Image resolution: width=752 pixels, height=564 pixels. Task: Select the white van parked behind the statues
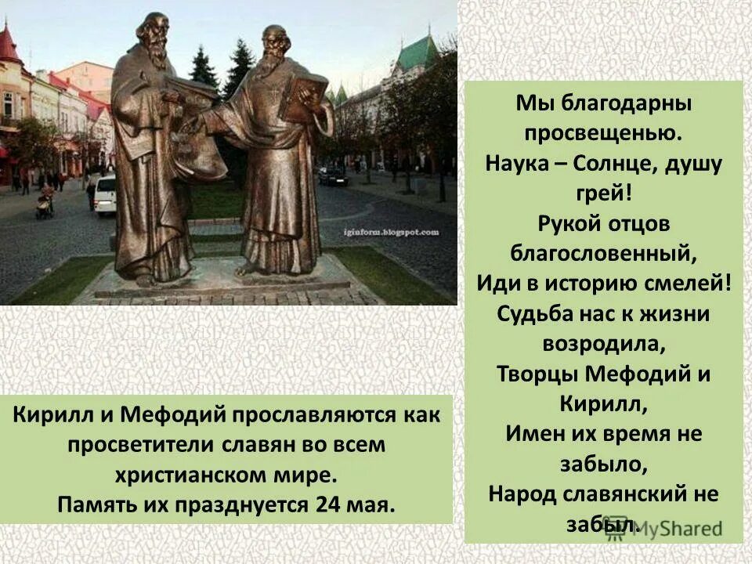point(105,195)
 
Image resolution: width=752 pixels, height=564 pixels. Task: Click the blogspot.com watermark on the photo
point(400,233)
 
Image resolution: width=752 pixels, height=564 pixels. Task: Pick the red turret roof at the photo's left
point(9,45)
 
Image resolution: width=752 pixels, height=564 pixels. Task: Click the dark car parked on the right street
point(333,175)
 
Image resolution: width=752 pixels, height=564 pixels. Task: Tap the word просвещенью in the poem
point(603,132)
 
